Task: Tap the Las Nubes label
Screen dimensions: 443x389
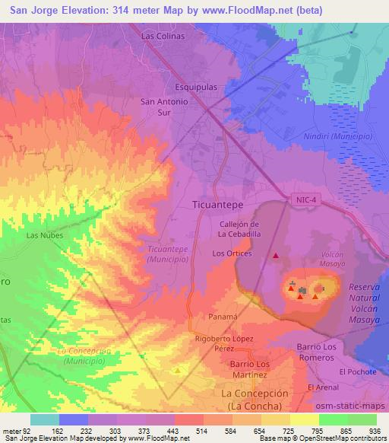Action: click(43, 235)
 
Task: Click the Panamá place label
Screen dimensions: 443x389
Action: click(223, 315)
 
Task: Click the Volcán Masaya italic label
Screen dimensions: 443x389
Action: click(327, 260)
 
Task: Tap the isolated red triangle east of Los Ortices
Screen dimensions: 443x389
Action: click(276, 256)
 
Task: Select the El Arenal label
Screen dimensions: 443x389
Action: click(322, 387)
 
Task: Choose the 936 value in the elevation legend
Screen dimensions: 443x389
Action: click(375, 431)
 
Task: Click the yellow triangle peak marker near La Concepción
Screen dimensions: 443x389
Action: click(178, 371)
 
